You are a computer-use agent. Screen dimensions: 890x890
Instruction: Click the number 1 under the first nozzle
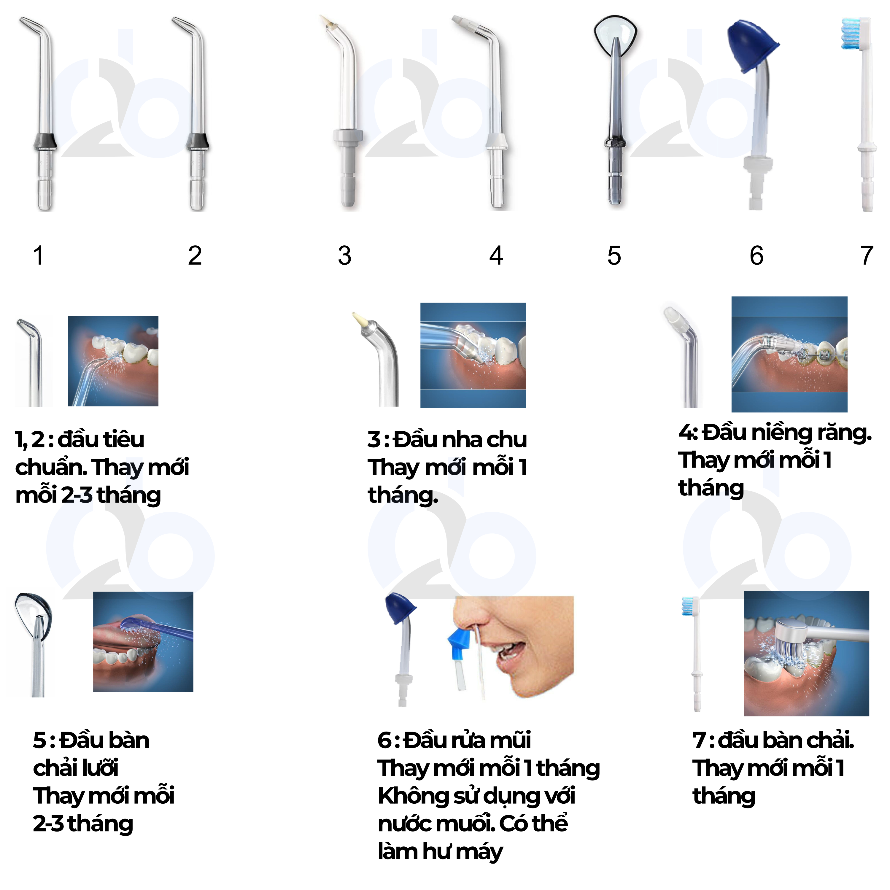coord(39,256)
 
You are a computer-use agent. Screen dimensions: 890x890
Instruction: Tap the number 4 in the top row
coord(496,256)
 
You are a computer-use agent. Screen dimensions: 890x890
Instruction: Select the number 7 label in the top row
coord(867,256)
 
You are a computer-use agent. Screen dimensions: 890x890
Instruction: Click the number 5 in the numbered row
coord(614,256)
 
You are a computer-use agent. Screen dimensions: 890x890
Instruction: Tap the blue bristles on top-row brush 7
coord(850,33)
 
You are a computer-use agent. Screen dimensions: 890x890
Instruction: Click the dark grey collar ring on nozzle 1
coord(45,141)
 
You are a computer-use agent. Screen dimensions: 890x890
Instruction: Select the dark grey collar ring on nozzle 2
coord(197,141)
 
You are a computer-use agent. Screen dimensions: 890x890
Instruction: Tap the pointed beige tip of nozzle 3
coord(326,21)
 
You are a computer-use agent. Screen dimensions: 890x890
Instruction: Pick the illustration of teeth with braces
coord(789,354)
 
